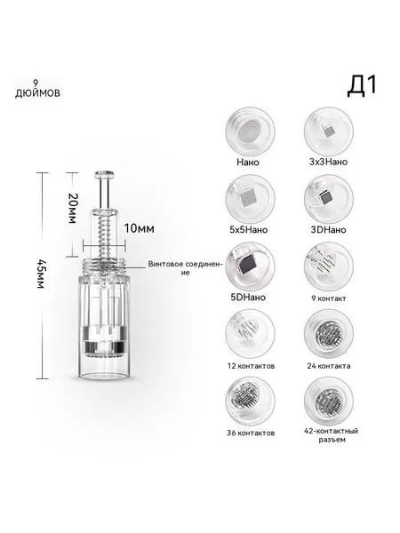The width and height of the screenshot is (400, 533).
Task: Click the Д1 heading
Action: pyautogui.click(x=363, y=85)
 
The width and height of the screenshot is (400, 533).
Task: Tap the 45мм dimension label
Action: pyautogui.click(x=41, y=274)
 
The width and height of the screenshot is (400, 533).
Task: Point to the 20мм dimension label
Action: pyautogui.click(x=72, y=209)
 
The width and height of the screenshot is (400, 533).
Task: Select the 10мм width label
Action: pyautogui.click(x=139, y=228)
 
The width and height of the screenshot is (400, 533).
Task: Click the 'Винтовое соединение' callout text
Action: pyautogui.click(x=186, y=268)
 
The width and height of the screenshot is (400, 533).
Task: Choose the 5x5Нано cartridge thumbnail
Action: pyautogui.click(x=250, y=199)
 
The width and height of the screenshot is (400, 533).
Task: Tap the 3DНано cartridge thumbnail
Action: pyautogui.click(x=329, y=199)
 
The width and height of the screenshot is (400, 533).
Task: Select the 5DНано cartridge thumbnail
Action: pyautogui.click(x=250, y=266)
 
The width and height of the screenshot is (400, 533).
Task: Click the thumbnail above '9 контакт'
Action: pyautogui.click(x=329, y=266)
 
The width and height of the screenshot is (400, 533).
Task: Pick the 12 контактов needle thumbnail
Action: pyautogui.click(x=250, y=334)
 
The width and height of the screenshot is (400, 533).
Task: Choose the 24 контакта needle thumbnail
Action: pyautogui.click(x=329, y=334)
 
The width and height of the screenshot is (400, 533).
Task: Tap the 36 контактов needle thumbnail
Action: pyautogui.click(x=250, y=402)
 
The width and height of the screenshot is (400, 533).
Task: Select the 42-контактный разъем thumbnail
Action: pyautogui.click(x=329, y=402)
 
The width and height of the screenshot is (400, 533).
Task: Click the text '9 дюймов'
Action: pyautogui.click(x=37, y=89)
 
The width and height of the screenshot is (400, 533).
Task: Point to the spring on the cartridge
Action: pyautogui.click(x=104, y=237)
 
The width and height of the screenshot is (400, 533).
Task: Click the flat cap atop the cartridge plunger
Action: pyautogui.click(x=104, y=174)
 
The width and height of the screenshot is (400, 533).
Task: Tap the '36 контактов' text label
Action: pyautogui.click(x=251, y=434)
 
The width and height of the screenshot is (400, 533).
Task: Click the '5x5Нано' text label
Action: pyautogui.click(x=249, y=229)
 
